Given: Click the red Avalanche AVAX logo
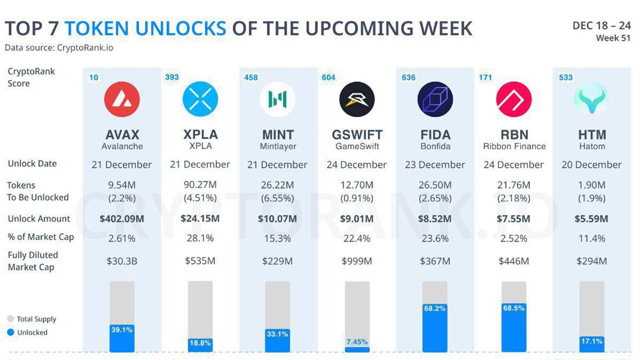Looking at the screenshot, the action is click(x=122, y=99).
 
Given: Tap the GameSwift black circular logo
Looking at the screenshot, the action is click(x=357, y=99).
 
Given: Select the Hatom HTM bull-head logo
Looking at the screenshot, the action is click(x=591, y=99).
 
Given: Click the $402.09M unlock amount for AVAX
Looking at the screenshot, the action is click(x=121, y=219).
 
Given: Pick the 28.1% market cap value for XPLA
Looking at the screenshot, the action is click(x=200, y=238).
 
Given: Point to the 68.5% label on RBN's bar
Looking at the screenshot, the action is click(x=513, y=308).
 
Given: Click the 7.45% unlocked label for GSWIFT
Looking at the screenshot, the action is click(x=357, y=341).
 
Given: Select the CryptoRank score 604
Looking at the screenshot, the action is click(x=328, y=77).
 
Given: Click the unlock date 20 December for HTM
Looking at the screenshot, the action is click(x=591, y=165).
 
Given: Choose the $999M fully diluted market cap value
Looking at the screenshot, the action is click(x=357, y=261).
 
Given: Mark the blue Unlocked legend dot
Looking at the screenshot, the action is click(x=10, y=332).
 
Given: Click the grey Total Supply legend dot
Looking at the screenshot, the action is click(x=10, y=319).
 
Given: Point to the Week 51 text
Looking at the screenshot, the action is click(x=613, y=38).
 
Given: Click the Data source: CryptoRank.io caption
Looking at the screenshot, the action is click(x=59, y=47).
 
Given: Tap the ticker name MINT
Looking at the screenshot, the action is click(x=277, y=134).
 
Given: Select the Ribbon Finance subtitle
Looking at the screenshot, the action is click(x=514, y=146).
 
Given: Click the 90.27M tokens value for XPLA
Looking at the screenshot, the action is click(x=200, y=185).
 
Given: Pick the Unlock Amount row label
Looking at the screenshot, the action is click(x=39, y=219).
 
